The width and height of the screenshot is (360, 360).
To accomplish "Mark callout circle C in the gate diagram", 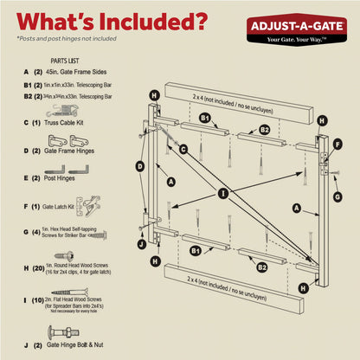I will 183,149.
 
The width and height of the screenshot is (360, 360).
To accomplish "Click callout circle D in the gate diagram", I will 139,165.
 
